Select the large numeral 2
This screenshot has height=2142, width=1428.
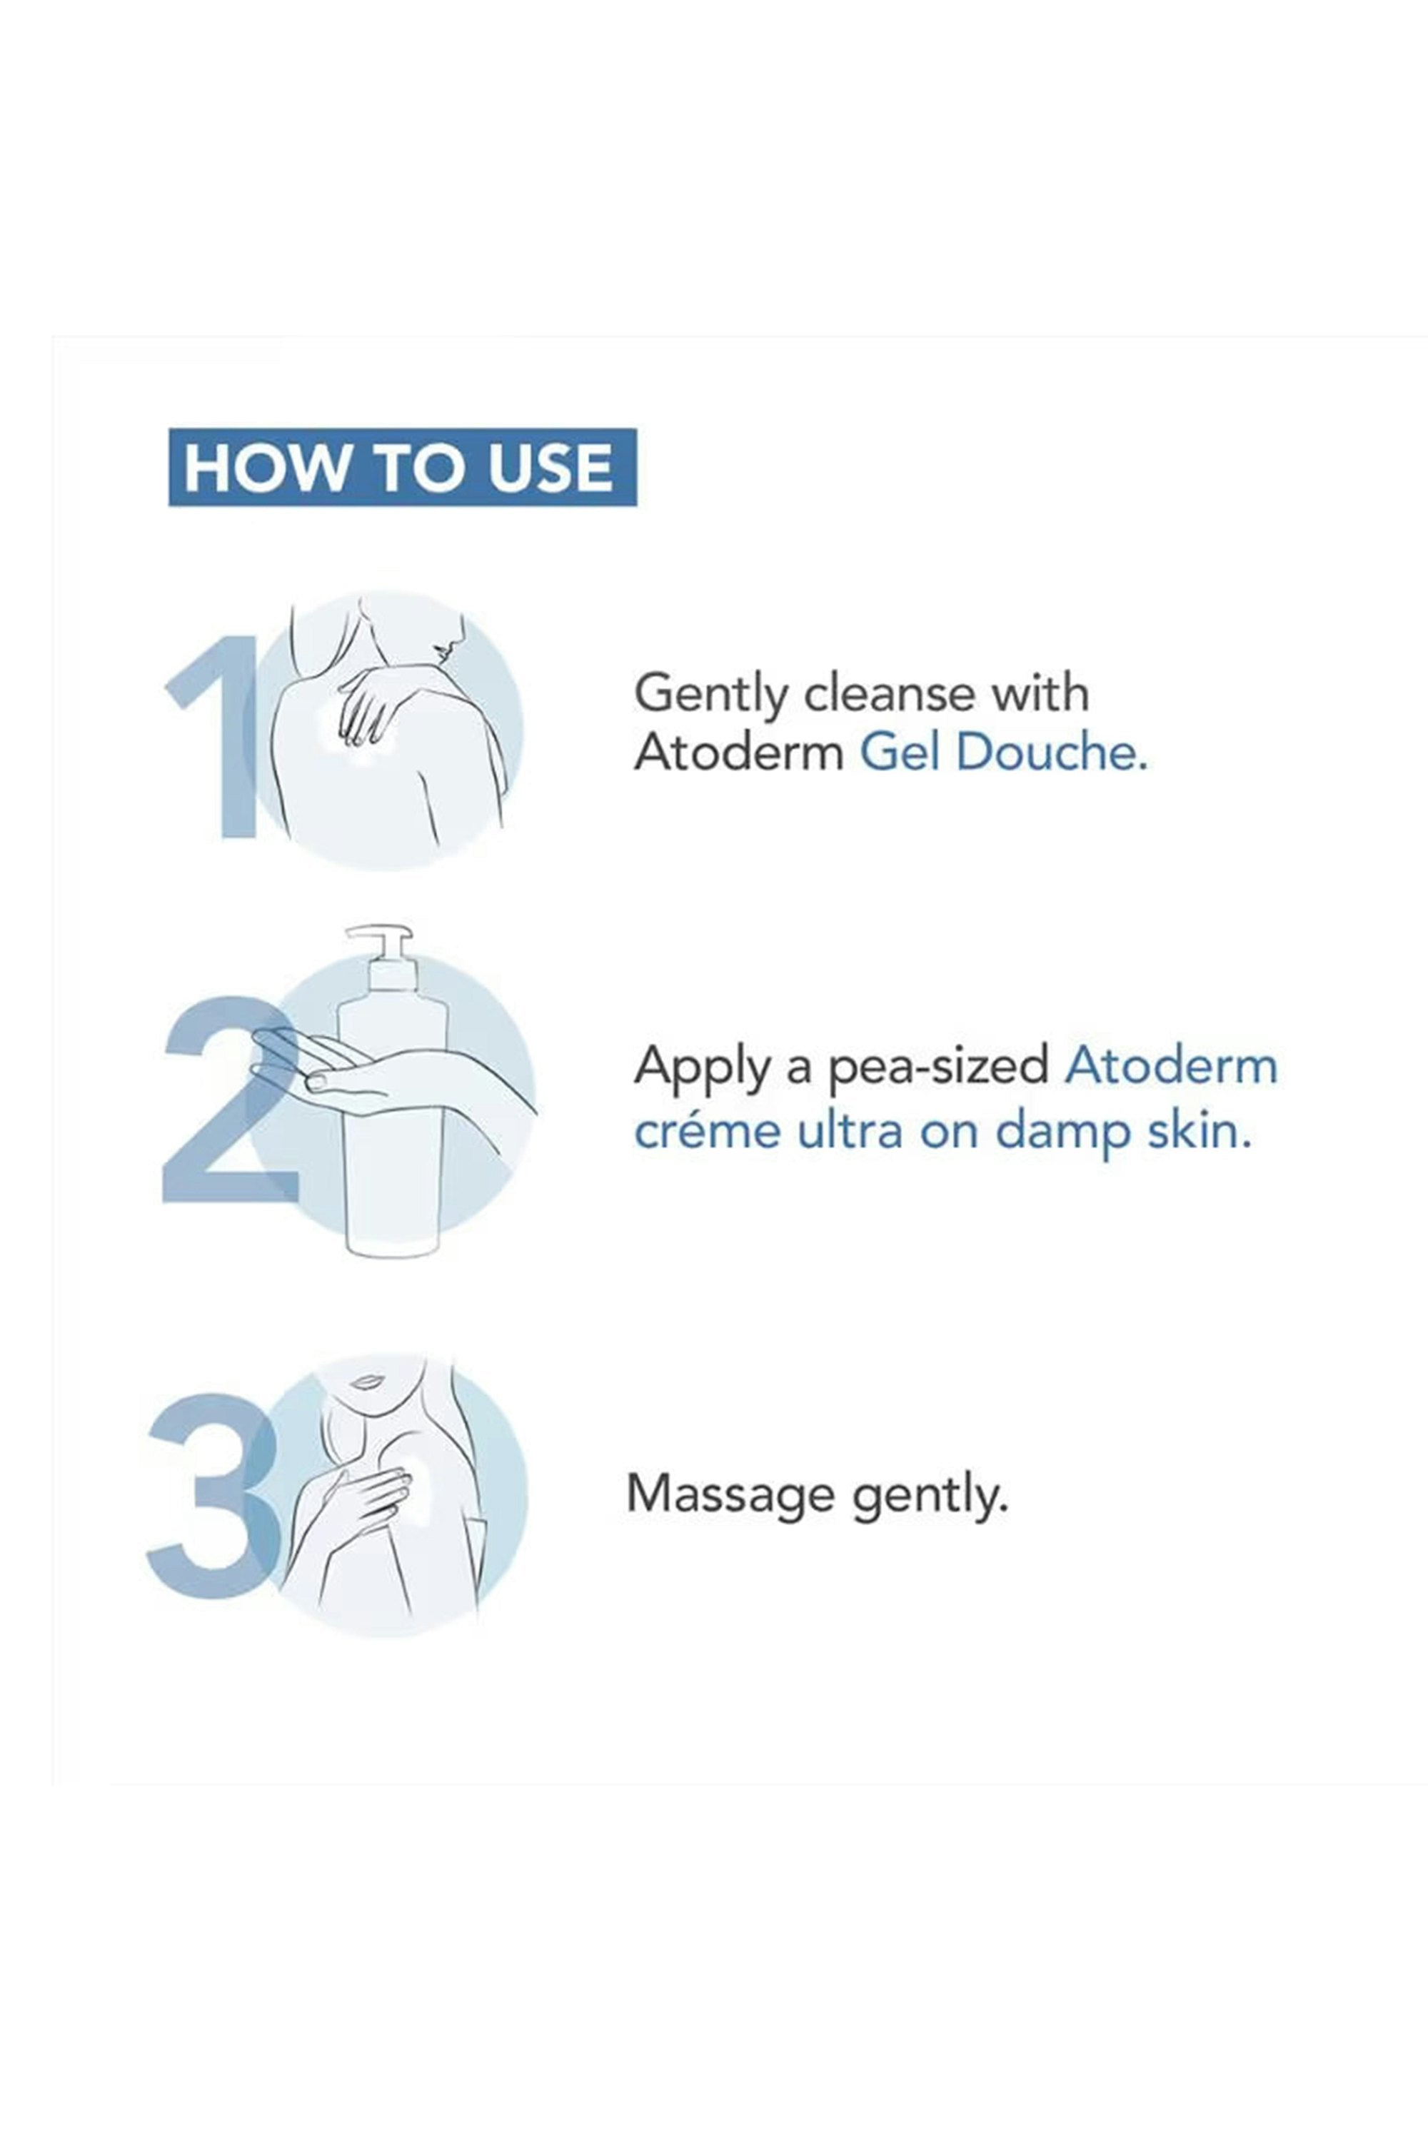[x=229, y=1100]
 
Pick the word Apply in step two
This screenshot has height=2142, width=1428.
[x=702, y=1067]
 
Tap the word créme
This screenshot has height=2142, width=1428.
[x=707, y=1130]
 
